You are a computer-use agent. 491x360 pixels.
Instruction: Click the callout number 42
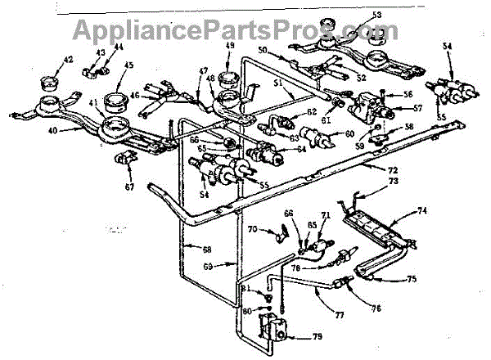point(69,59)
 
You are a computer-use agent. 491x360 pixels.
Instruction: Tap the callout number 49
point(230,44)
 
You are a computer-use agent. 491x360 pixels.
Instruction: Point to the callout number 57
point(395,106)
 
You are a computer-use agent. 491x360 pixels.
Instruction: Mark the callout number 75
point(412,279)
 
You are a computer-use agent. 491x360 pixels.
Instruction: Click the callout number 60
point(350,134)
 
